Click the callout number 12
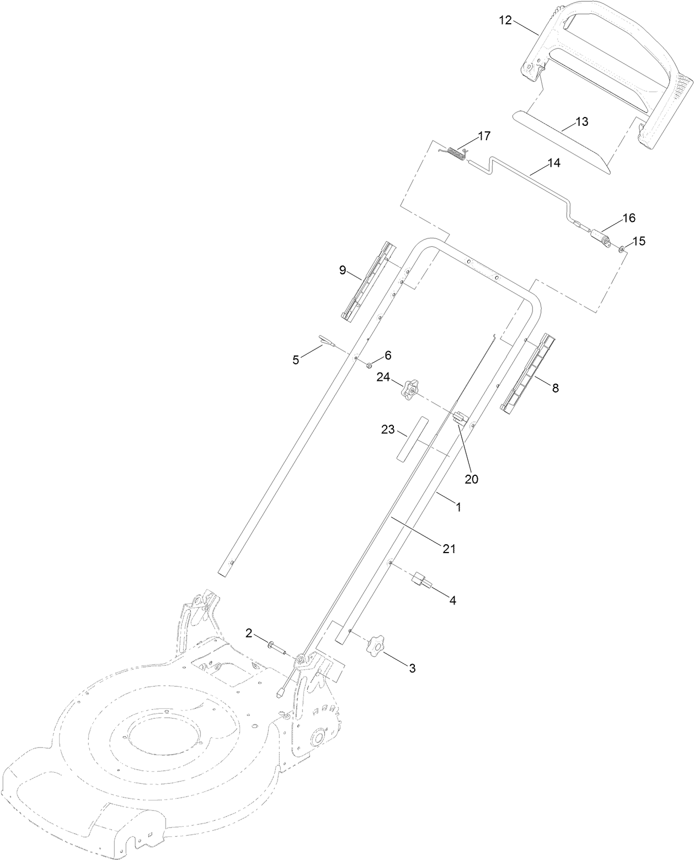tap(505, 20)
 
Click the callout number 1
tap(458, 505)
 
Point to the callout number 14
tap(553, 163)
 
